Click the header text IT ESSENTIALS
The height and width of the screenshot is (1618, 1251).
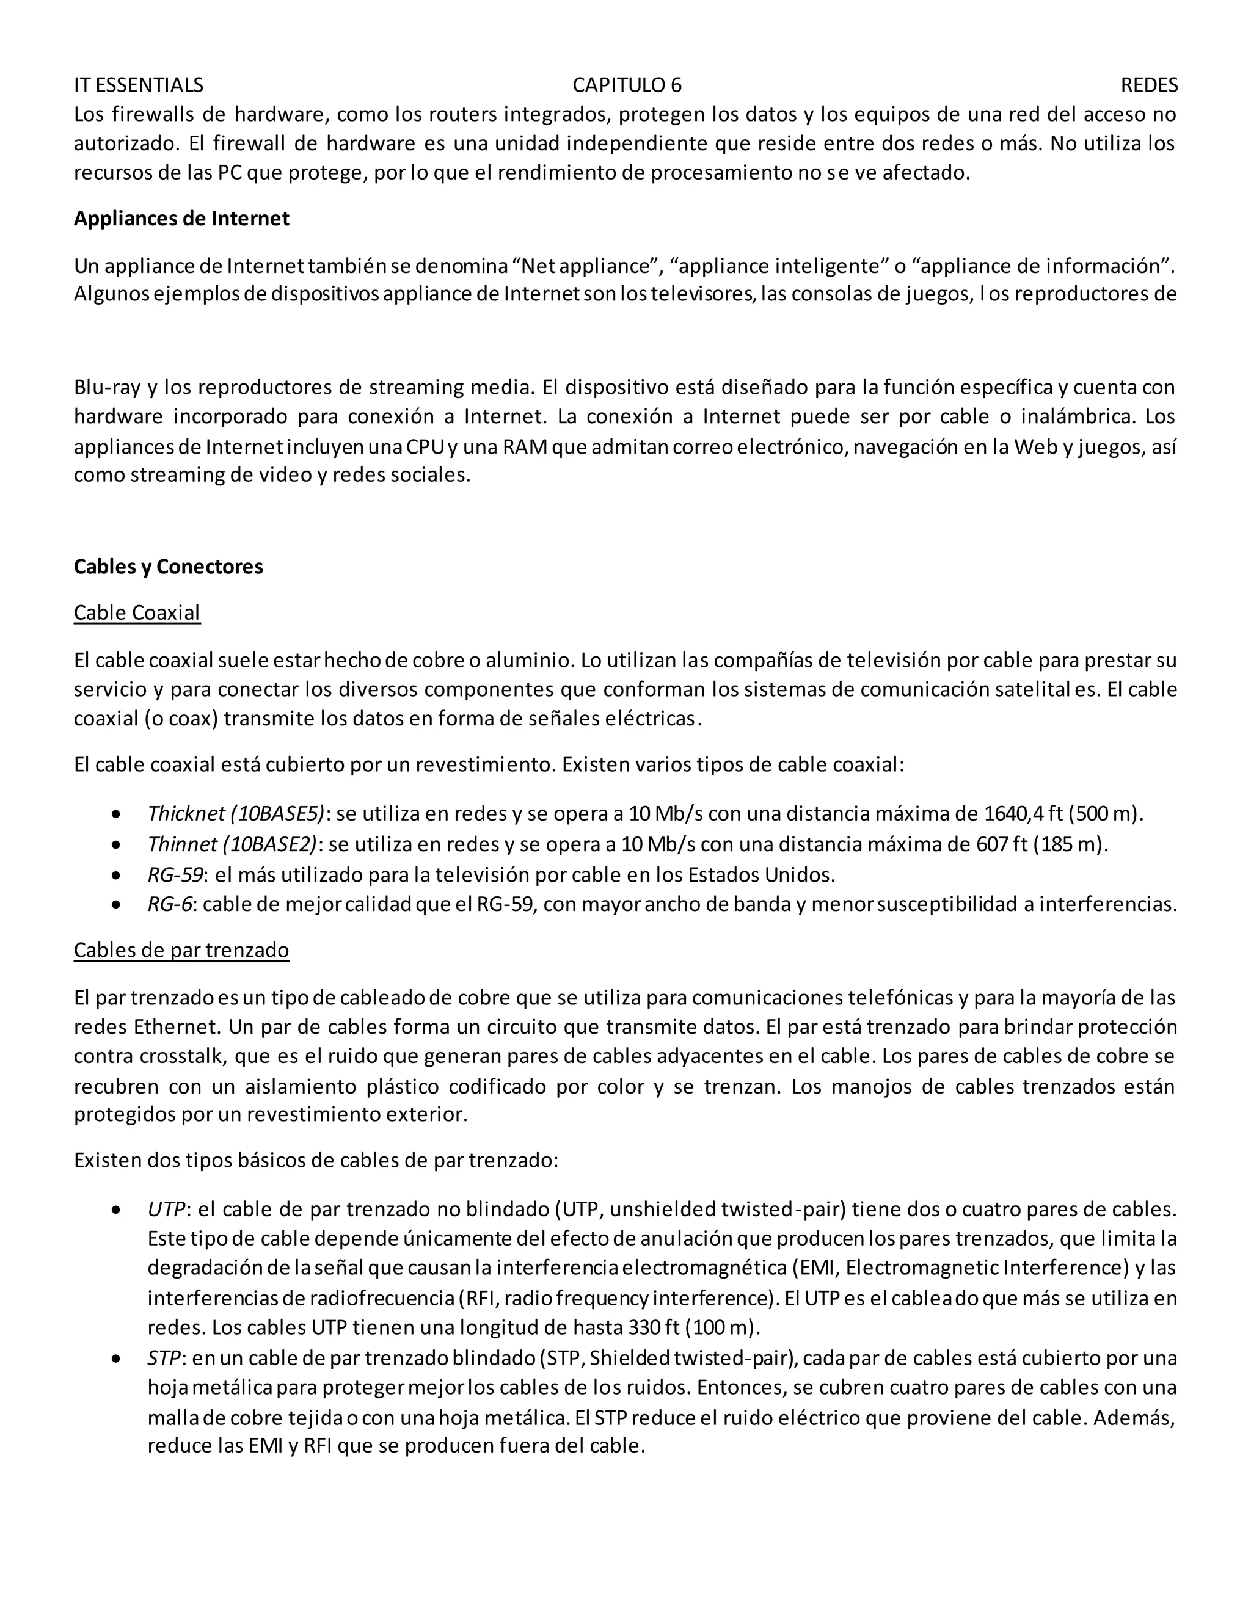click(138, 85)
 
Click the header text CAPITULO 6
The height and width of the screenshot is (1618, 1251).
click(626, 85)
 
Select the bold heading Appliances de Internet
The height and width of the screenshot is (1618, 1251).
click(181, 219)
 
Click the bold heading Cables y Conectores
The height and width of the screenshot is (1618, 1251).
click(168, 567)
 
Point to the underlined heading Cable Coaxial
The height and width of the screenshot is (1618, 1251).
click(137, 612)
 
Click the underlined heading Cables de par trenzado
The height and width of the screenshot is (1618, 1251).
click(181, 951)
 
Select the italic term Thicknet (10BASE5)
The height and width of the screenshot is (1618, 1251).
click(236, 813)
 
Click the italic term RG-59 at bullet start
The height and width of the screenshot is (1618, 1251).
click(175, 875)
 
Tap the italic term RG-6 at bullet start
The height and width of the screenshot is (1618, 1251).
click(170, 905)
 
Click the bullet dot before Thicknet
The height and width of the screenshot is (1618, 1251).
click(115, 814)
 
